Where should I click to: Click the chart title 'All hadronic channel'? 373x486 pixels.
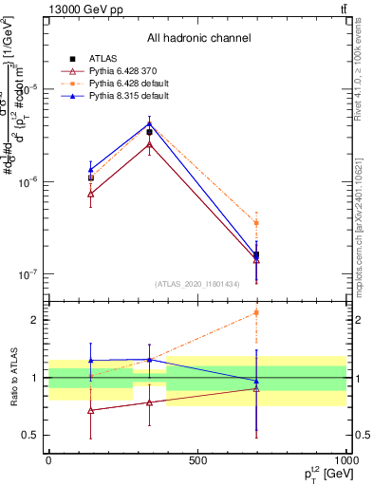click(x=198, y=38)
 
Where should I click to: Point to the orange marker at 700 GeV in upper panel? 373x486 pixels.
click(x=256, y=223)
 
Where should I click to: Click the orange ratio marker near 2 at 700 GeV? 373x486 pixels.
click(x=256, y=312)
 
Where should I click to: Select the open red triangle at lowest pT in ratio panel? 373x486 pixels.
click(x=90, y=410)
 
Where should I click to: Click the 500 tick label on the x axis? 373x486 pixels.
click(x=197, y=460)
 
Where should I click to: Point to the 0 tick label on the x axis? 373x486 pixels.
click(x=48, y=460)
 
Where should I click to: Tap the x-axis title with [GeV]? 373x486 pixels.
click(x=322, y=475)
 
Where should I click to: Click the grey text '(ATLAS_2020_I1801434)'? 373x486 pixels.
click(x=197, y=284)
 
